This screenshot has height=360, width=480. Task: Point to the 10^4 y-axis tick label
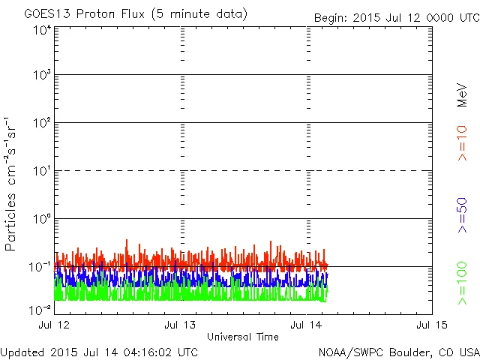[x=42, y=30]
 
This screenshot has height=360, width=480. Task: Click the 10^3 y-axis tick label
[x=42, y=76]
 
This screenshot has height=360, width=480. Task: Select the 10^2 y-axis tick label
[x=42, y=123]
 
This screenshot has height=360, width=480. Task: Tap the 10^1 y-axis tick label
[x=42, y=171]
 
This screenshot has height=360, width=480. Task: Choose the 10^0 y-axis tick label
[x=42, y=219]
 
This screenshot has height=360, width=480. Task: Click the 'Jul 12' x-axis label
[x=54, y=325]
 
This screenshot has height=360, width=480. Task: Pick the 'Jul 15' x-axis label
[x=432, y=325]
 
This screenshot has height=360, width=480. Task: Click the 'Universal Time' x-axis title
[x=243, y=337]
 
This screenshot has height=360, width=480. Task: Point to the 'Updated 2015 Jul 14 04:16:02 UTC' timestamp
[x=99, y=351]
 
